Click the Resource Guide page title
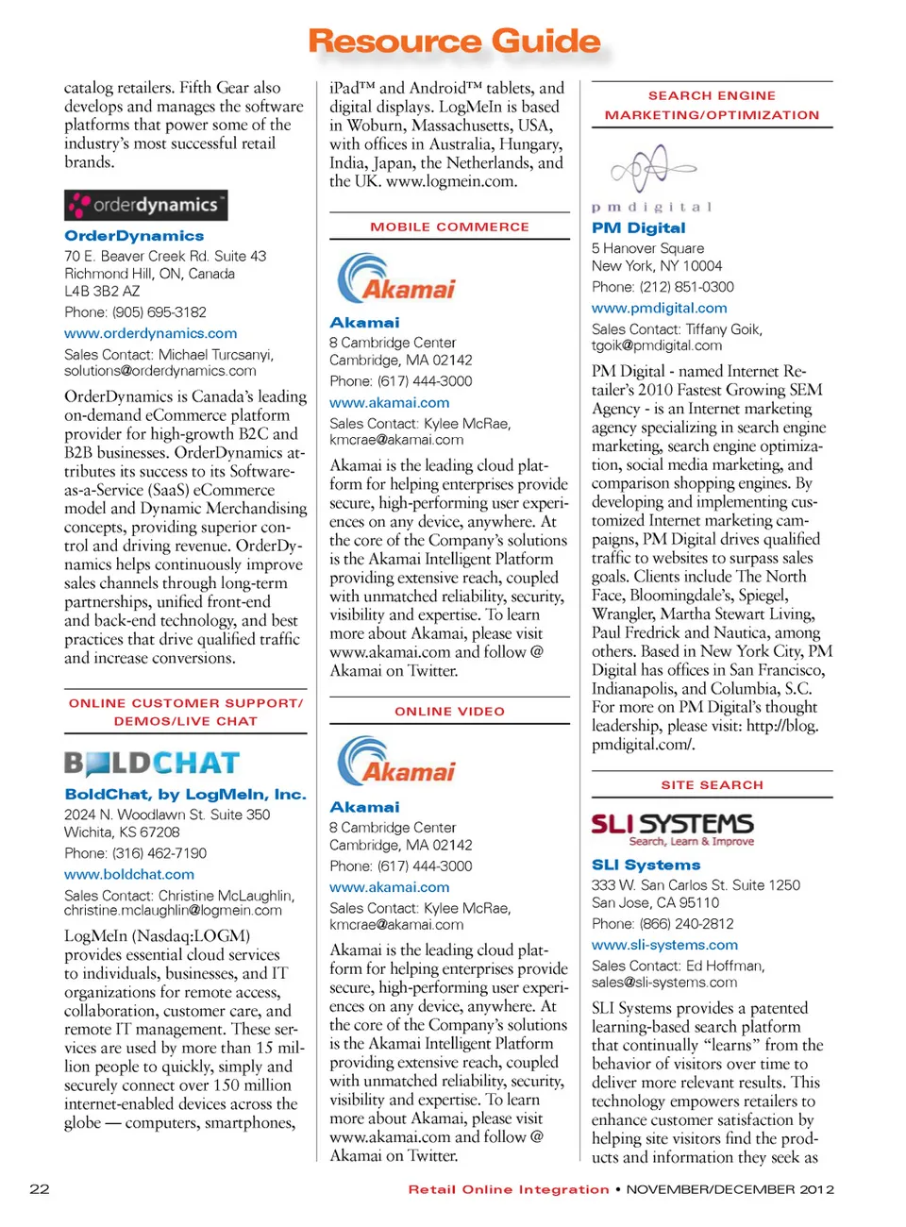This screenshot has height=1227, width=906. click(454, 42)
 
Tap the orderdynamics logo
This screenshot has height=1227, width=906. click(145, 205)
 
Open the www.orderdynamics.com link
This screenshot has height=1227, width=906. click(150, 333)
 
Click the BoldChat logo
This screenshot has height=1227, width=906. click(152, 763)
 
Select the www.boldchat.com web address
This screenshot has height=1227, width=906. click(129, 874)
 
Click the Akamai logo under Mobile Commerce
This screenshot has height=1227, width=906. click(396, 278)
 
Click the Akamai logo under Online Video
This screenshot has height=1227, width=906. click(396, 762)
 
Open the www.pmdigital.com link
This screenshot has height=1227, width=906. click(659, 308)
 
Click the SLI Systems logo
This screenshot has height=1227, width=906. click(672, 829)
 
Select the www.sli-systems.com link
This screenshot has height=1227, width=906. click(664, 945)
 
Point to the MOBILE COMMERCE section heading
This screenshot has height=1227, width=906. click(449, 227)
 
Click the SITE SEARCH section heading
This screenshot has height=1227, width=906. click(712, 785)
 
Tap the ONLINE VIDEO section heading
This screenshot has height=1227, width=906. click(449, 712)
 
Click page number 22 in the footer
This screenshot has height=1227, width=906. click(40, 1189)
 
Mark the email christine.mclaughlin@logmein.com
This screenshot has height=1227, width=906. click(173, 911)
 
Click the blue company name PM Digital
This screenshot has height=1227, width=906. click(638, 228)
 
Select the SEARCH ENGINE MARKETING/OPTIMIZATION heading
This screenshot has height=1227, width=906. click(712, 106)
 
